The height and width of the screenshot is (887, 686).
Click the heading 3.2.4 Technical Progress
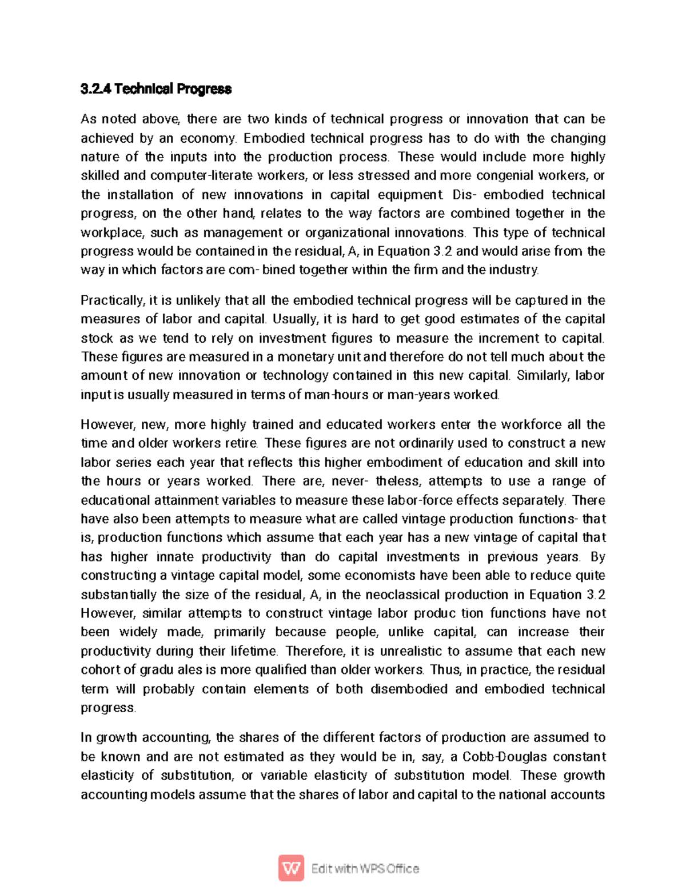pyautogui.click(x=156, y=89)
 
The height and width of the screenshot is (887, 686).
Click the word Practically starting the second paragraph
pyautogui.click(x=112, y=300)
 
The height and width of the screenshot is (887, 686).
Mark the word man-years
pyautogui.click(x=418, y=395)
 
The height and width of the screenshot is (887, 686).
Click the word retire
pyautogui.click(x=242, y=443)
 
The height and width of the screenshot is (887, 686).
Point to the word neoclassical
pyautogui.click(x=402, y=595)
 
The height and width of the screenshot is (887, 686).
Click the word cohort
pyautogui.click(x=100, y=670)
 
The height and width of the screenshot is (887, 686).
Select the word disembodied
pyautogui.click(x=409, y=689)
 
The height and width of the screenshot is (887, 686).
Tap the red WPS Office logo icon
pyautogui.click(x=291, y=869)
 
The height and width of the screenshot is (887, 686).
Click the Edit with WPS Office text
pyautogui.click(x=365, y=869)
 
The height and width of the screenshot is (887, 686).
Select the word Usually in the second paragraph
pyautogui.click(x=294, y=319)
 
